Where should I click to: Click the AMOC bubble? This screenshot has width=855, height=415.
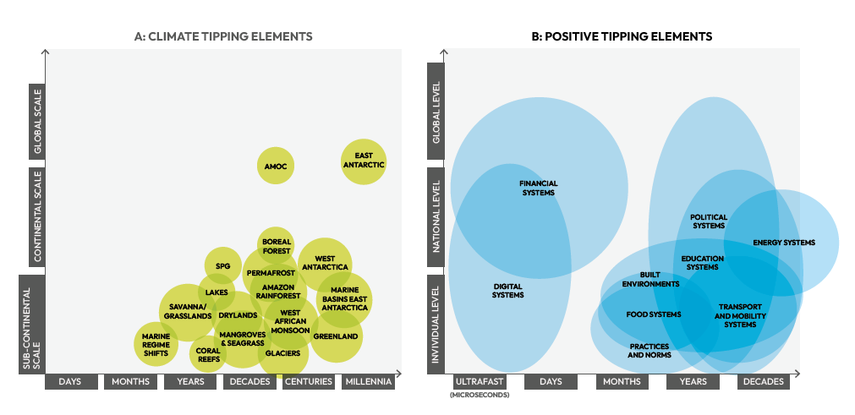coord(277,166)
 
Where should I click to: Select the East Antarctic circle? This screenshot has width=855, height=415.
coord(364,161)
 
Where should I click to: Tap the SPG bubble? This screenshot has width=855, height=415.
coord(223,266)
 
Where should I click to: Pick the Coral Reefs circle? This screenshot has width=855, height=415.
coord(207,355)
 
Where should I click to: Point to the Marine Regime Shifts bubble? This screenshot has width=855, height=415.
coord(156,344)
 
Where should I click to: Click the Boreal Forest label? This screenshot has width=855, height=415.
coord(276,246)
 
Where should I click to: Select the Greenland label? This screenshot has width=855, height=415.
coord(336,336)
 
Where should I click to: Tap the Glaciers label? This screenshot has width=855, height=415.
coord(282,353)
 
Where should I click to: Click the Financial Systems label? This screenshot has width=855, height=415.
coord(538,188)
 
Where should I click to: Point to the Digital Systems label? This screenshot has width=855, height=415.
coord(508,291)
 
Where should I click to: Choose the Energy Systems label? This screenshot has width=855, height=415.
coord(784,243)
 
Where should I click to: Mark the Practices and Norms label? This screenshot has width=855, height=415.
coord(649,351)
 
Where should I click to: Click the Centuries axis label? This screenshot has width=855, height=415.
coord(308,382)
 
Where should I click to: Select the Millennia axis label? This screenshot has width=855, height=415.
coord(368,382)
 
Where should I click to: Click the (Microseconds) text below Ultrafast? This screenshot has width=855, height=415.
coord(480,395)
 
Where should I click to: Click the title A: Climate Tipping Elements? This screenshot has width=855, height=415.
coord(223,36)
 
